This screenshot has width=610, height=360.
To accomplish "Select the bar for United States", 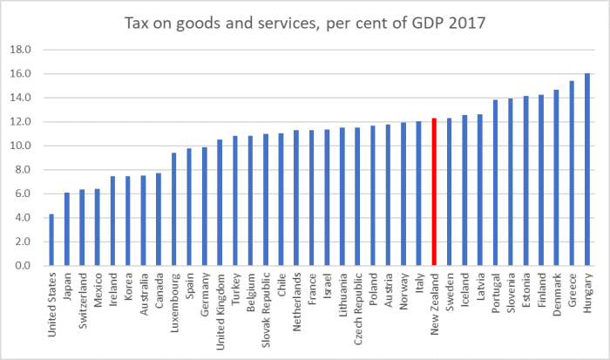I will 51,239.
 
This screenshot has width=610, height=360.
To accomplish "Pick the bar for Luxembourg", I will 173,209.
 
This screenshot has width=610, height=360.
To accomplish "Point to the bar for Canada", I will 158,219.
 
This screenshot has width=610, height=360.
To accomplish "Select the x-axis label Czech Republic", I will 358,304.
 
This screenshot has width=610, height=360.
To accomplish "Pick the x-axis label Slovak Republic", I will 266,306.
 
